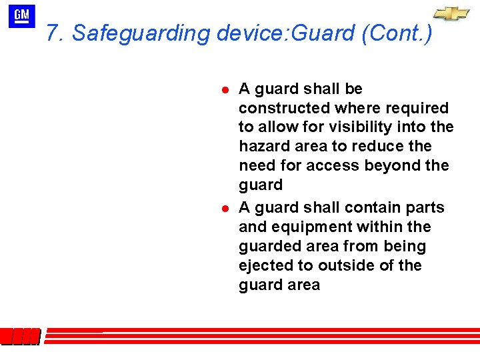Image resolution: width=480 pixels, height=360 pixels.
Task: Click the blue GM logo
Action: coord(22,16)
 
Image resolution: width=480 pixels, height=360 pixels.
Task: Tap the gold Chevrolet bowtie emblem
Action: coord(451,14)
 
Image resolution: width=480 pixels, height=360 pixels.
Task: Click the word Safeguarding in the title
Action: coord(142,33)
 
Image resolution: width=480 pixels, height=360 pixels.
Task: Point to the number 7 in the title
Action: coord(53,33)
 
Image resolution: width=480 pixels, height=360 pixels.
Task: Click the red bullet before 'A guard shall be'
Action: coord(226,89)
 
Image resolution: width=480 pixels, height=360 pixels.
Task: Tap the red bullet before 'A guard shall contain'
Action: coord(226,208)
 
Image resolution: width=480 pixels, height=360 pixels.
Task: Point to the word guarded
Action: coord(271,246)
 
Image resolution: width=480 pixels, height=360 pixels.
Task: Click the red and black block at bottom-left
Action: coord(20,337)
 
